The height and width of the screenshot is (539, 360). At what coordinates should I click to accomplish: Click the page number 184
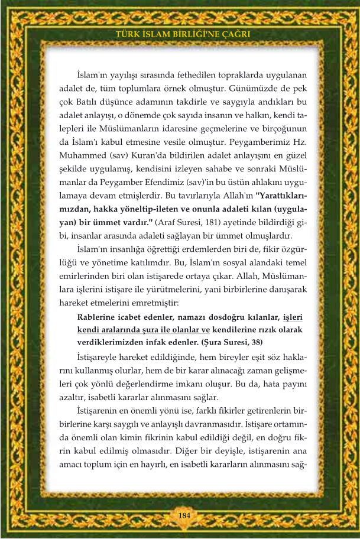184,515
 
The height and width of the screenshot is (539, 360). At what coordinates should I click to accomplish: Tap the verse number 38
253,342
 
